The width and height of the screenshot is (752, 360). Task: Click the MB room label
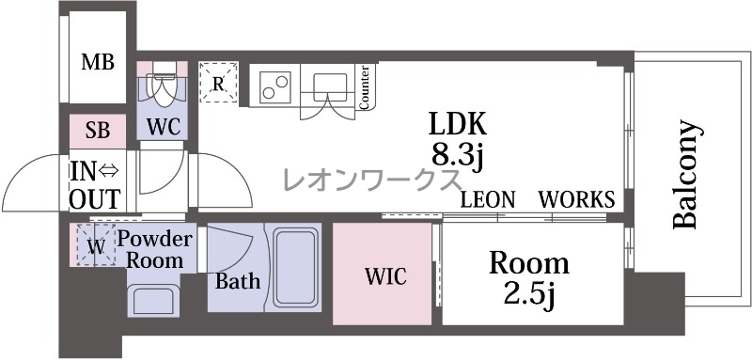click(98, 62)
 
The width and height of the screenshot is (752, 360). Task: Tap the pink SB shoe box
click(98, 131)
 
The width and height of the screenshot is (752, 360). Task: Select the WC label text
click(163, 127)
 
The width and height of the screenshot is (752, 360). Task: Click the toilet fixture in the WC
click(162, 86)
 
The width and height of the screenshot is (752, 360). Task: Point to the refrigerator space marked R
click(218, 82)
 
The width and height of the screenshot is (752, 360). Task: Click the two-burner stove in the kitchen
click(274, 86)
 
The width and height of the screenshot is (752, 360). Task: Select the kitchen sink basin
click(330, 86)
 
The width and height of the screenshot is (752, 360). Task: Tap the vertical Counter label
click(365, 87)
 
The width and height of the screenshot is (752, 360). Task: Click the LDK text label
click(457, 123)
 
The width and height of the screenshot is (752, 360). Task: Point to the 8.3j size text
click(456, 154)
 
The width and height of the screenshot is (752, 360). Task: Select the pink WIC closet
click(382, 274)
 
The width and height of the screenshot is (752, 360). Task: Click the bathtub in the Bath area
click(296, 267)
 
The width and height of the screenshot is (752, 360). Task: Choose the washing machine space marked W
click(97, 244)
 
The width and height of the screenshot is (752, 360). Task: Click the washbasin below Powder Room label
click(153, 300)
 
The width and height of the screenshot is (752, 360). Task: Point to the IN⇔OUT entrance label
click(96, 185)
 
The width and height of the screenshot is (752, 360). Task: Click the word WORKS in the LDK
click(576, 198)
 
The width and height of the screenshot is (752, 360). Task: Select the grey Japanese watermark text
click(372, 180)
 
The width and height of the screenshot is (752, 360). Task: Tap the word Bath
click(238, 281)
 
